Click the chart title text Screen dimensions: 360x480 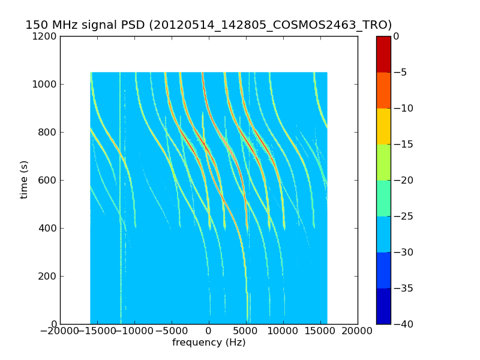pos(209,25)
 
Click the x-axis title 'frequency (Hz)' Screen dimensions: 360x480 pos(209,343)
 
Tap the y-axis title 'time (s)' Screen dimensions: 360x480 pos(24,179)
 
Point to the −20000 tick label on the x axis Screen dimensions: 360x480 pos(60,332)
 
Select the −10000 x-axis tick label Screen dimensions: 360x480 pos(134,332)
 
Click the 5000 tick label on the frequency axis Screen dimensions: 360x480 pos(246,332)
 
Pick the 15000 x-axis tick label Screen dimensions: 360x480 pos(320,332)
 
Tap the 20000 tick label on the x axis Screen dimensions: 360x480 pos(358,332)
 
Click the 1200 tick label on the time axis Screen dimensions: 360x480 pos(46,36)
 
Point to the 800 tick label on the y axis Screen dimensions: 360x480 pos(48,132)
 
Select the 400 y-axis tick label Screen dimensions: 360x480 pos(48,228)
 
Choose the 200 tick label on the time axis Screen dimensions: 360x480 pos(48,276)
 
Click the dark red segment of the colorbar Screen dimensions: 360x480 pos(383,54)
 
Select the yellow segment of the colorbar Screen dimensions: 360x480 pos(383,126)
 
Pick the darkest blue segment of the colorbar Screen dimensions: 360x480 pos(383,306)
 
